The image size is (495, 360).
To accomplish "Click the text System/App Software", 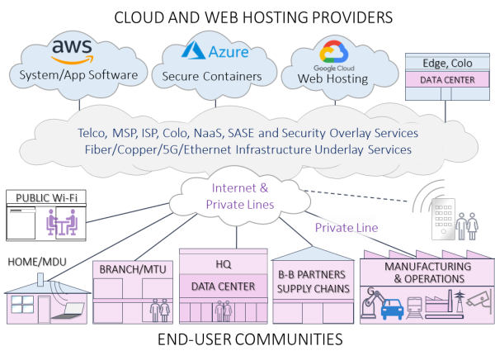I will point(73,77).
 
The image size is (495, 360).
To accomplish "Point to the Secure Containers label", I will point(218,77).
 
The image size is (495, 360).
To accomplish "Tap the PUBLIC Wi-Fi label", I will point(47,198).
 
